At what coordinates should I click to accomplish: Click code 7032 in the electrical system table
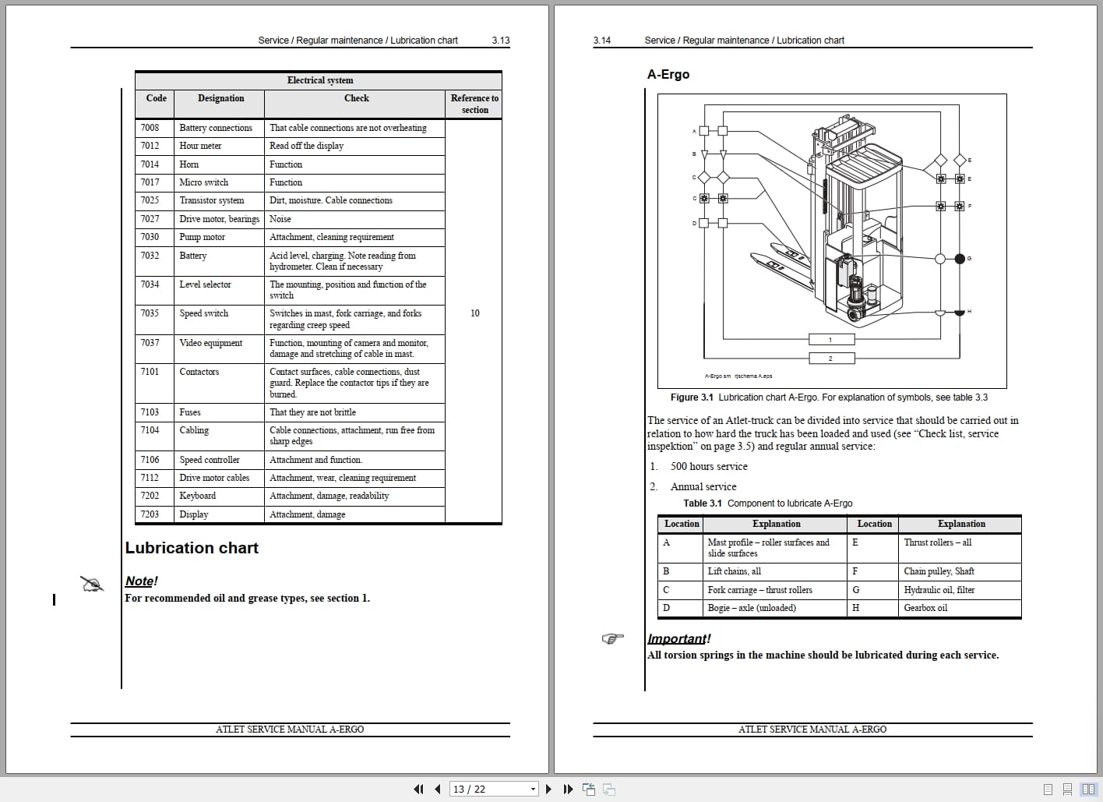(150, 256)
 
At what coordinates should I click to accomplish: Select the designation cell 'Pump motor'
(202, 237)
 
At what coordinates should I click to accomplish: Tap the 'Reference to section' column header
(474, 104)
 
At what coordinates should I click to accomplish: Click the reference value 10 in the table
(474, 313)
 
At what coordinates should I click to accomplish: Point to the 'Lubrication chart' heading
(192, 548)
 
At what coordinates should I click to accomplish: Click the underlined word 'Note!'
(141, 581)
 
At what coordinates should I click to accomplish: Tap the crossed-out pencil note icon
(92, 584)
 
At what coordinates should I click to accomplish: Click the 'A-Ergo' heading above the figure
(668, 75)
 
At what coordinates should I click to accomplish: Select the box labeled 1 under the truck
(831, 340)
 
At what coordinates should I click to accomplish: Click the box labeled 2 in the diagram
(831, 359)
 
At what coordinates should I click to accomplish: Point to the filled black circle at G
(960, 259)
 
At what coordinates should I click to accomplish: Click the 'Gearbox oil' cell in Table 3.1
(925, 608)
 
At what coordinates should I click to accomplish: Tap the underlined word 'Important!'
(678, 638)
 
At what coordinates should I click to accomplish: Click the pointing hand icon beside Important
(613, 638)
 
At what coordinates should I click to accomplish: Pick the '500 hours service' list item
(708, 466)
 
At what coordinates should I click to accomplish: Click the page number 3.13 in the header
(500, 41)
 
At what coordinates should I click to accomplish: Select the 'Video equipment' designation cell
(210, 343)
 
